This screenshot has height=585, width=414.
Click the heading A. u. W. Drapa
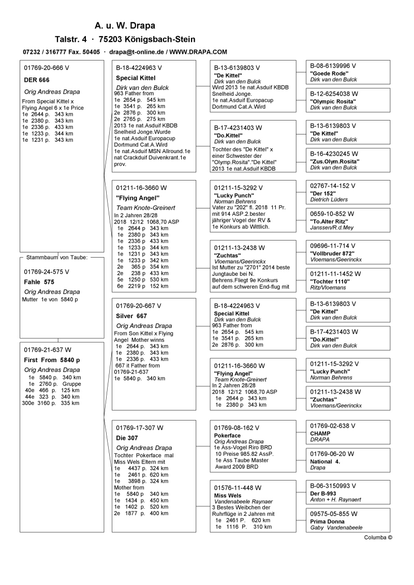125,25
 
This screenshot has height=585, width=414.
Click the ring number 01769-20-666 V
47,68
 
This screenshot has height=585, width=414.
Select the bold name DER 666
37,80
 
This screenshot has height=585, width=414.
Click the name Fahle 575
39,282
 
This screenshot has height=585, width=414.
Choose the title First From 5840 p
52,359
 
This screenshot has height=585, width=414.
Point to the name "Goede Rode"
330,73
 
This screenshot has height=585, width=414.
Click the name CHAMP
320,433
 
